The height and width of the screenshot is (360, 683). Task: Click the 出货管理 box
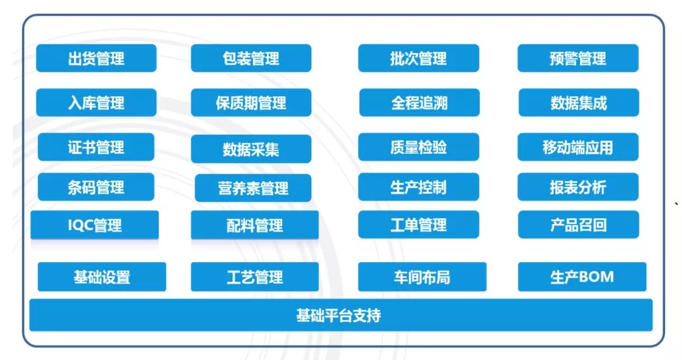click(96, 59)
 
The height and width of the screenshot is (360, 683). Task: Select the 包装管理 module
click(251, 59)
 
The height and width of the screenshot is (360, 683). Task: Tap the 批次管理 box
click(418, 59)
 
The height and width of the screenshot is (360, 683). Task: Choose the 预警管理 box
click(578, 59)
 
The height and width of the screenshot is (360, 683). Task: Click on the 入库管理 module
click(96, 102)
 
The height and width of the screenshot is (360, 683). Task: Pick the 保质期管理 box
click(251, 102)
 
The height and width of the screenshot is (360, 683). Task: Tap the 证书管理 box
click(96, 147)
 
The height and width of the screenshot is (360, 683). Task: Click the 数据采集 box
click(251, 149)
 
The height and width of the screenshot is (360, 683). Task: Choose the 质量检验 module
click(418, 147)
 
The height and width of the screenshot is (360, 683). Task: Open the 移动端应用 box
click(578, 147)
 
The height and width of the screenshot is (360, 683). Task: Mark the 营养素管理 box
click(253, 188)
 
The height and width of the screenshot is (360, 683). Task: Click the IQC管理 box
click(95, 225)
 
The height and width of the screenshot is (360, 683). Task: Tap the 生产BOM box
click(582, 277)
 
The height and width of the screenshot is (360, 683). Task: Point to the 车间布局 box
click(422, 277)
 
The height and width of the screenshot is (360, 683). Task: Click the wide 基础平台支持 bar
click(340, 315)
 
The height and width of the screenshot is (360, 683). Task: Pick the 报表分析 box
click(578, 187)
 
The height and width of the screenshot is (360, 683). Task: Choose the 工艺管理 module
click(255, 277)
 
